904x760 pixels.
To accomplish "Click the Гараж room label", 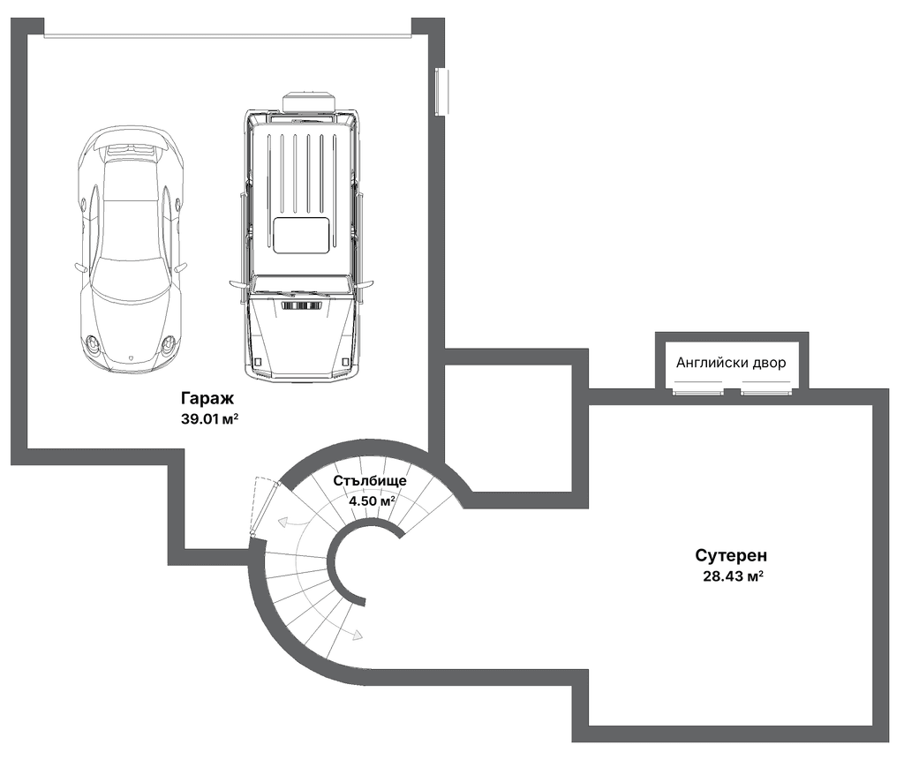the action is (207, 398).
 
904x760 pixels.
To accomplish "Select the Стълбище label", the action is (370, 480).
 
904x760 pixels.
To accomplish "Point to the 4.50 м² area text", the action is (372, 500).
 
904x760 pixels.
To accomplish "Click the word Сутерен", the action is (731, 555).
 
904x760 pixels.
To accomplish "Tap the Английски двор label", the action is (731, 363).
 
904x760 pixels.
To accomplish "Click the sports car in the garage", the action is (131, 248).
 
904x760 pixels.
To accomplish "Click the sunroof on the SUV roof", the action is (302, 236).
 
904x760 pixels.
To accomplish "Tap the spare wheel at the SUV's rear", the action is (308, 101).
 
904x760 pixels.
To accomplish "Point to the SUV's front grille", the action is (302, 305).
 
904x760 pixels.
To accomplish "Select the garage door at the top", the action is (228, 36).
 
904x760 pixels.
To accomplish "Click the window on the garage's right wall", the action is (442, 92).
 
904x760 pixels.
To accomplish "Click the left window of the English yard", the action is (699, 392).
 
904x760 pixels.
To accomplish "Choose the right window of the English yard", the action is (766, 392).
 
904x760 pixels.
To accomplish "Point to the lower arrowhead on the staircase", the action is (358, 635).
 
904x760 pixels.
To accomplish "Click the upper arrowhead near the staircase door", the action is (283, 523).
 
